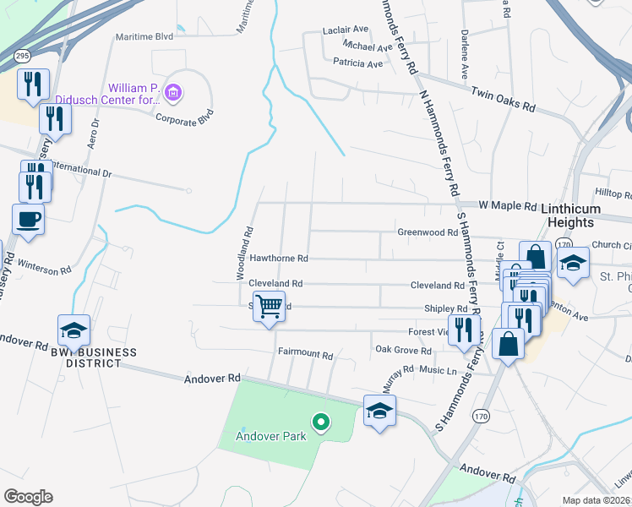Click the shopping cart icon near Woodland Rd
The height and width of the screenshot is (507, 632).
(269, 306)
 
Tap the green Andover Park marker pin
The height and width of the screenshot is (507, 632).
(320, 421)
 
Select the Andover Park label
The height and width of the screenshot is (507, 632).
(270, 437)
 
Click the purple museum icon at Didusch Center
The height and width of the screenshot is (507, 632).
(172, 92)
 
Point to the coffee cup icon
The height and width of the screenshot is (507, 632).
(29, 219)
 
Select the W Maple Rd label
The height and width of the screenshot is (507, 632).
(508, 205)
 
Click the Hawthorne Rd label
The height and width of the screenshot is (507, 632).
(279, 258)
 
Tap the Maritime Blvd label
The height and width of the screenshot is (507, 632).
(150, 36)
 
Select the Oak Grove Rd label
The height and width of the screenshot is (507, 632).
(404, 349)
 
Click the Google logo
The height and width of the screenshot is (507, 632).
(28, 496)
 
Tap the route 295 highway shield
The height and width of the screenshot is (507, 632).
(23, 56)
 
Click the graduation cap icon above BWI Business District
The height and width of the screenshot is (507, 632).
(74, 330)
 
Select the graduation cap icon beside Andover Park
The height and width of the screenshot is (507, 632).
(379, 411)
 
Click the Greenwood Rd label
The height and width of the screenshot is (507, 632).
(427, 232)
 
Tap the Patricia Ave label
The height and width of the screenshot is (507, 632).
(358, 63)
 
